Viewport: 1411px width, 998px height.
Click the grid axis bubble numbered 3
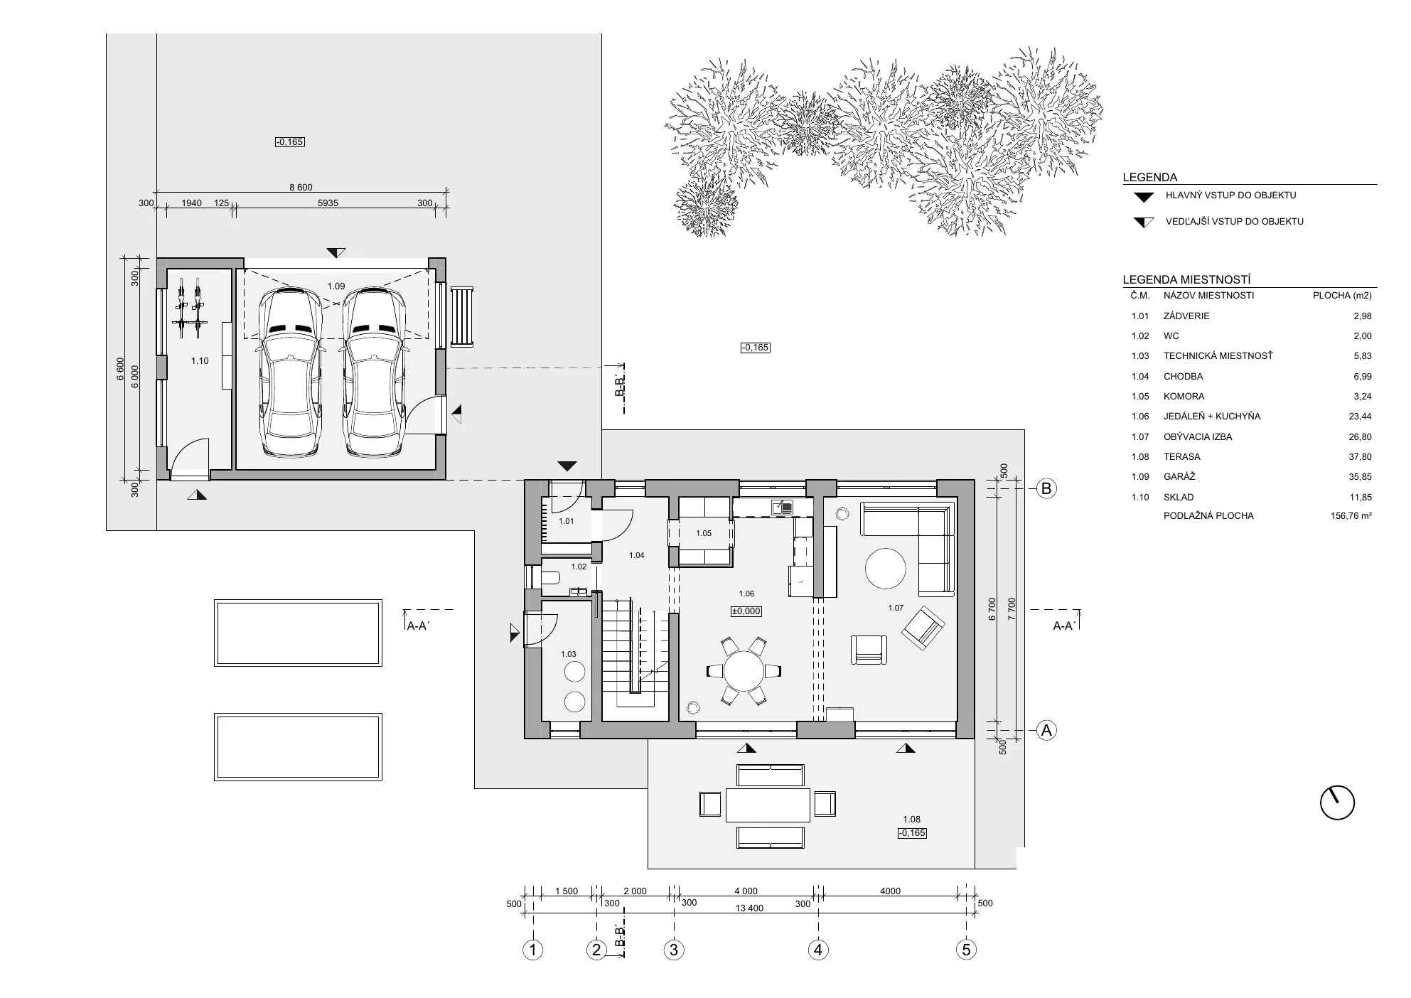click(x=674, y=950)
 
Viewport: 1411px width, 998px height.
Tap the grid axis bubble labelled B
click(x=1046, y=488)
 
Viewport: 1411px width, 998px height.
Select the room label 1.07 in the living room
click(x=896, y=608)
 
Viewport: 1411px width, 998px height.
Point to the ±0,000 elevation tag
click(x=746, y=611)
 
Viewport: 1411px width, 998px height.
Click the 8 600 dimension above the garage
click(x=301, y=188)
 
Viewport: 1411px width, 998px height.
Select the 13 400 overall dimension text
click(x=750, y=908)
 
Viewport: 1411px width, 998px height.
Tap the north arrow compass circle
click(x=1337, y=803)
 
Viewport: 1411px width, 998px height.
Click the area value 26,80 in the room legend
click(x=1362, y=437)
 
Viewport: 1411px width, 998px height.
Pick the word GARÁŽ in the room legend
click(x=1179, y=477)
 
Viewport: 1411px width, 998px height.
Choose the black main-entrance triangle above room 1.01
click(x=567, y=466)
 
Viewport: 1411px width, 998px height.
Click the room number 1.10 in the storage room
click(x=200, y=361)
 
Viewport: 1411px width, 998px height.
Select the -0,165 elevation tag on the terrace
click(x=912, y=833)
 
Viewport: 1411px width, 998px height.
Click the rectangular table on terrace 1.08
click(x=768, y=804)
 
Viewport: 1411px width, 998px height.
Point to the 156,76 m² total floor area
click(x=1351, y=516)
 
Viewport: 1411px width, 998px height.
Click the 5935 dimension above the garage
click(x=328, y=203)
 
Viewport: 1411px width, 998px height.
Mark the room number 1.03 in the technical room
click(x=569, y=654)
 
